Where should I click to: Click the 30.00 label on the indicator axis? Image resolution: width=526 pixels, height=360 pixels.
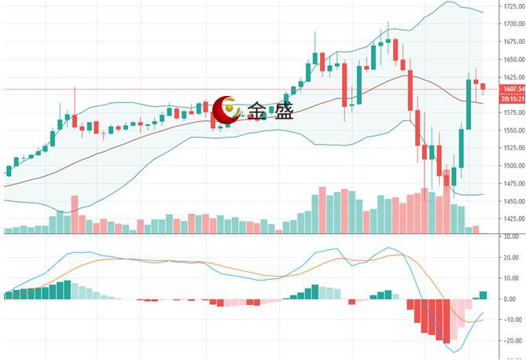click(x=510, y=237)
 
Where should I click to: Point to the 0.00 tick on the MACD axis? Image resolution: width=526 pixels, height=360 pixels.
click(x=510, y=299)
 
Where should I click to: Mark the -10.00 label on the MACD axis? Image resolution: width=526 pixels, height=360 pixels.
click(x=510, y=320)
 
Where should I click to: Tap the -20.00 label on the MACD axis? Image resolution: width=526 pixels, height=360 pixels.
click(x=510, y=341)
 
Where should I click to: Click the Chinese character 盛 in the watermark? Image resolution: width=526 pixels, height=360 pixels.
click(x=282, y=111)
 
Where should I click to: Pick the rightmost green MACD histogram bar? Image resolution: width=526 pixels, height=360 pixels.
click(x=483, y=295)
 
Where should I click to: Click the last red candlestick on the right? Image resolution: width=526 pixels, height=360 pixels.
click(x=483, y=86)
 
